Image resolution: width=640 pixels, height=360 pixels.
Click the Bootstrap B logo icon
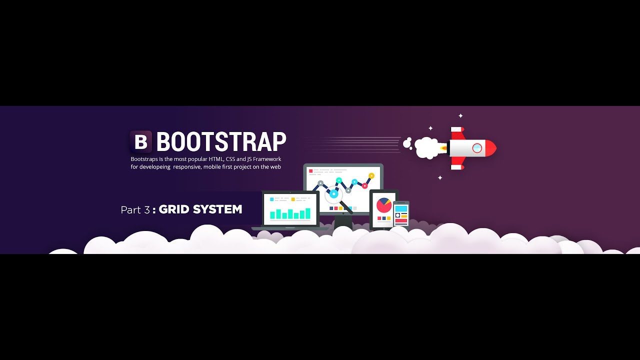140,142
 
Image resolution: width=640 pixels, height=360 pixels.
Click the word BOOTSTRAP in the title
221,142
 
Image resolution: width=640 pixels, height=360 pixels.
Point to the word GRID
174,209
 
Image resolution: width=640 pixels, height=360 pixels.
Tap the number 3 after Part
146,210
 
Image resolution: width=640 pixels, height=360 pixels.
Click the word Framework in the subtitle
267,159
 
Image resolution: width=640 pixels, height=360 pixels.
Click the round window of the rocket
477,148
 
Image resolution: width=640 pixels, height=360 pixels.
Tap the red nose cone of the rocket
491,148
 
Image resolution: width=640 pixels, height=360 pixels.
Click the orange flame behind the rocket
443,147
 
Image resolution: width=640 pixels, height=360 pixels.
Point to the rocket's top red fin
457,132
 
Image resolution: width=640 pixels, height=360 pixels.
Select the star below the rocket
440,177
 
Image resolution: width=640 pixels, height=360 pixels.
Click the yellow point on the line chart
371,176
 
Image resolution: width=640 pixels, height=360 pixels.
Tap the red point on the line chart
364,186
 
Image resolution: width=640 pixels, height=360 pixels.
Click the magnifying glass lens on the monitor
333,193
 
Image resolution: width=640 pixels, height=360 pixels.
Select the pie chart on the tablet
384,205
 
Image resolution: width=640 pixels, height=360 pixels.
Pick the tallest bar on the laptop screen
308,213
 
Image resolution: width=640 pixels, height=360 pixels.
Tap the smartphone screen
401,214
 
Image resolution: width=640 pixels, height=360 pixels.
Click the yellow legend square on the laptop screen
292,199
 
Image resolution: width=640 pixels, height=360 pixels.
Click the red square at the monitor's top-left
310,171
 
